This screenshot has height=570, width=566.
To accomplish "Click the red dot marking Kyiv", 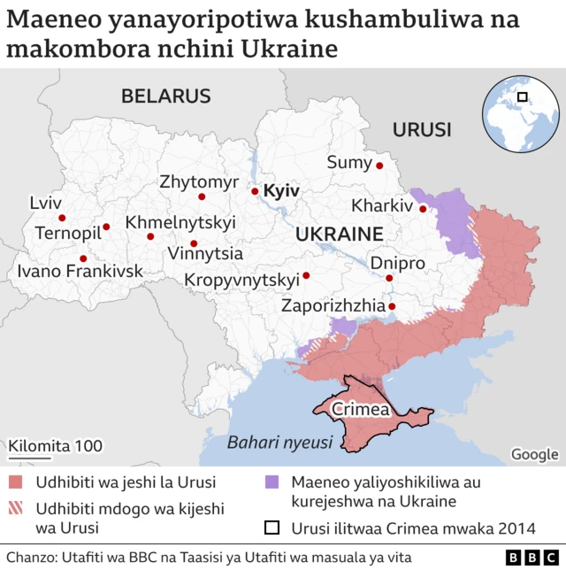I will tap(255, 191).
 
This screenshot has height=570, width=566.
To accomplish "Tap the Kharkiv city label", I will tap(382, 206).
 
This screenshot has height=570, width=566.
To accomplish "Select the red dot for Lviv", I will tap(62, 218).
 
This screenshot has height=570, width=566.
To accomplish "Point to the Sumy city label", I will tap(349, 162).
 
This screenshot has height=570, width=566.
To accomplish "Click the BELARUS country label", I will tap(166, 96).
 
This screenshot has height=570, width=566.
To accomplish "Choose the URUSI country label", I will tap(422, 130).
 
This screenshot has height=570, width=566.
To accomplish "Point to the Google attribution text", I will tap(534, 454).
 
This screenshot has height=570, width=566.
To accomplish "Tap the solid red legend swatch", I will tap(17, 482).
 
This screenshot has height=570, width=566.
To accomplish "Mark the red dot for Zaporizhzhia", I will tap(393, 307).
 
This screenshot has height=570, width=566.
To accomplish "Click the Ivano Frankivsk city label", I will tap(80, 271).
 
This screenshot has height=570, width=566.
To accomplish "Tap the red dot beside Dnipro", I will tap(388, 277).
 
